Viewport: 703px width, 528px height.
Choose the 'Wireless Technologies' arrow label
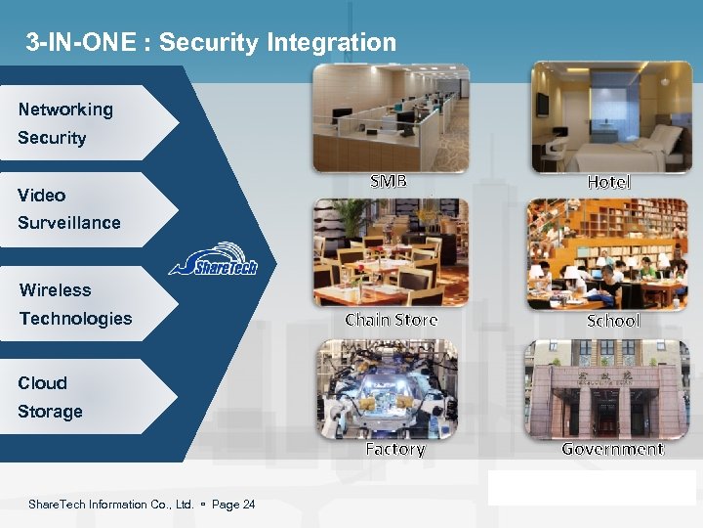(76, 304)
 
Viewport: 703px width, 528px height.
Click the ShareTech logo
(213, 260)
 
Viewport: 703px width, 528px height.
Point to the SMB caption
(389, 182)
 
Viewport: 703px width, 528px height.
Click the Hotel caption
(609, 183)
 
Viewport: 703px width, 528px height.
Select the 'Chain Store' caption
(392, 320)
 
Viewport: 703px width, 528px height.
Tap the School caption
(612, 321)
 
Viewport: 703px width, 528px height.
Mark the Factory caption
(394, 449)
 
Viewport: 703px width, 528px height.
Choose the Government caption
(612, 449)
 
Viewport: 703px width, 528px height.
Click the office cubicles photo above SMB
(391, 117)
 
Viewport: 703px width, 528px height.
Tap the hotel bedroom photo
(610, 117)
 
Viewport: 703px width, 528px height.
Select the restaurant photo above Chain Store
(391, 252)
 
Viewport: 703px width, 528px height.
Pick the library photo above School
(607, 254)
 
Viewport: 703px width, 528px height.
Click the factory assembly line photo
(388, 388)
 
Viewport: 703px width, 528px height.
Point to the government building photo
(606, 389)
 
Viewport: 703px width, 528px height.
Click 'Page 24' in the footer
(233, 505)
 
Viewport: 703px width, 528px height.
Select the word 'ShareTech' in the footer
(58, 505)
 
